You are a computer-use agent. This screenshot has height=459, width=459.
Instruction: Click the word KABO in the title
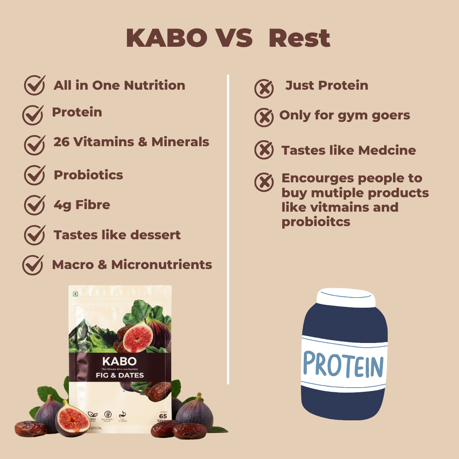click(166, 39)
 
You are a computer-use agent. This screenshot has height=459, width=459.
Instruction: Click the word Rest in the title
click(299, 39)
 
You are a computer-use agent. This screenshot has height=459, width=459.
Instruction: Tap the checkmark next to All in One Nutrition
click(34, 85)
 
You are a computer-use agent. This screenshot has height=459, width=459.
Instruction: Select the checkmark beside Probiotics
click(34, 175)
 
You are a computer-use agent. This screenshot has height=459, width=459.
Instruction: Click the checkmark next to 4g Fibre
click(34, 205)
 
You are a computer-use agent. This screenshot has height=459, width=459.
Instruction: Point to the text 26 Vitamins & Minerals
click(131, 142)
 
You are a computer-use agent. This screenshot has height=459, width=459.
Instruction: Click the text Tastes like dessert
click(117, 235)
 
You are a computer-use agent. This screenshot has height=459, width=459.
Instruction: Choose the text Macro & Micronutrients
click(132, 265)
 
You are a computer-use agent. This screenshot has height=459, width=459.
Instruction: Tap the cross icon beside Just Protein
click(264, 89)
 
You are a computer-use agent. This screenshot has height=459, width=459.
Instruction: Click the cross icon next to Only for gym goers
click(264, 117)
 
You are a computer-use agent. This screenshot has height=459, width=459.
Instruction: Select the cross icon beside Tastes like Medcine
click(264, 150)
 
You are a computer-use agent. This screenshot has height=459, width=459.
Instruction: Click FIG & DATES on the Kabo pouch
click(119, 375)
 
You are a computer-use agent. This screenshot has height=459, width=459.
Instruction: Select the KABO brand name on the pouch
click(119, 361)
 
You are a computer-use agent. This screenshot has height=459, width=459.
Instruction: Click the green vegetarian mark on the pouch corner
click(75, 294)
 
